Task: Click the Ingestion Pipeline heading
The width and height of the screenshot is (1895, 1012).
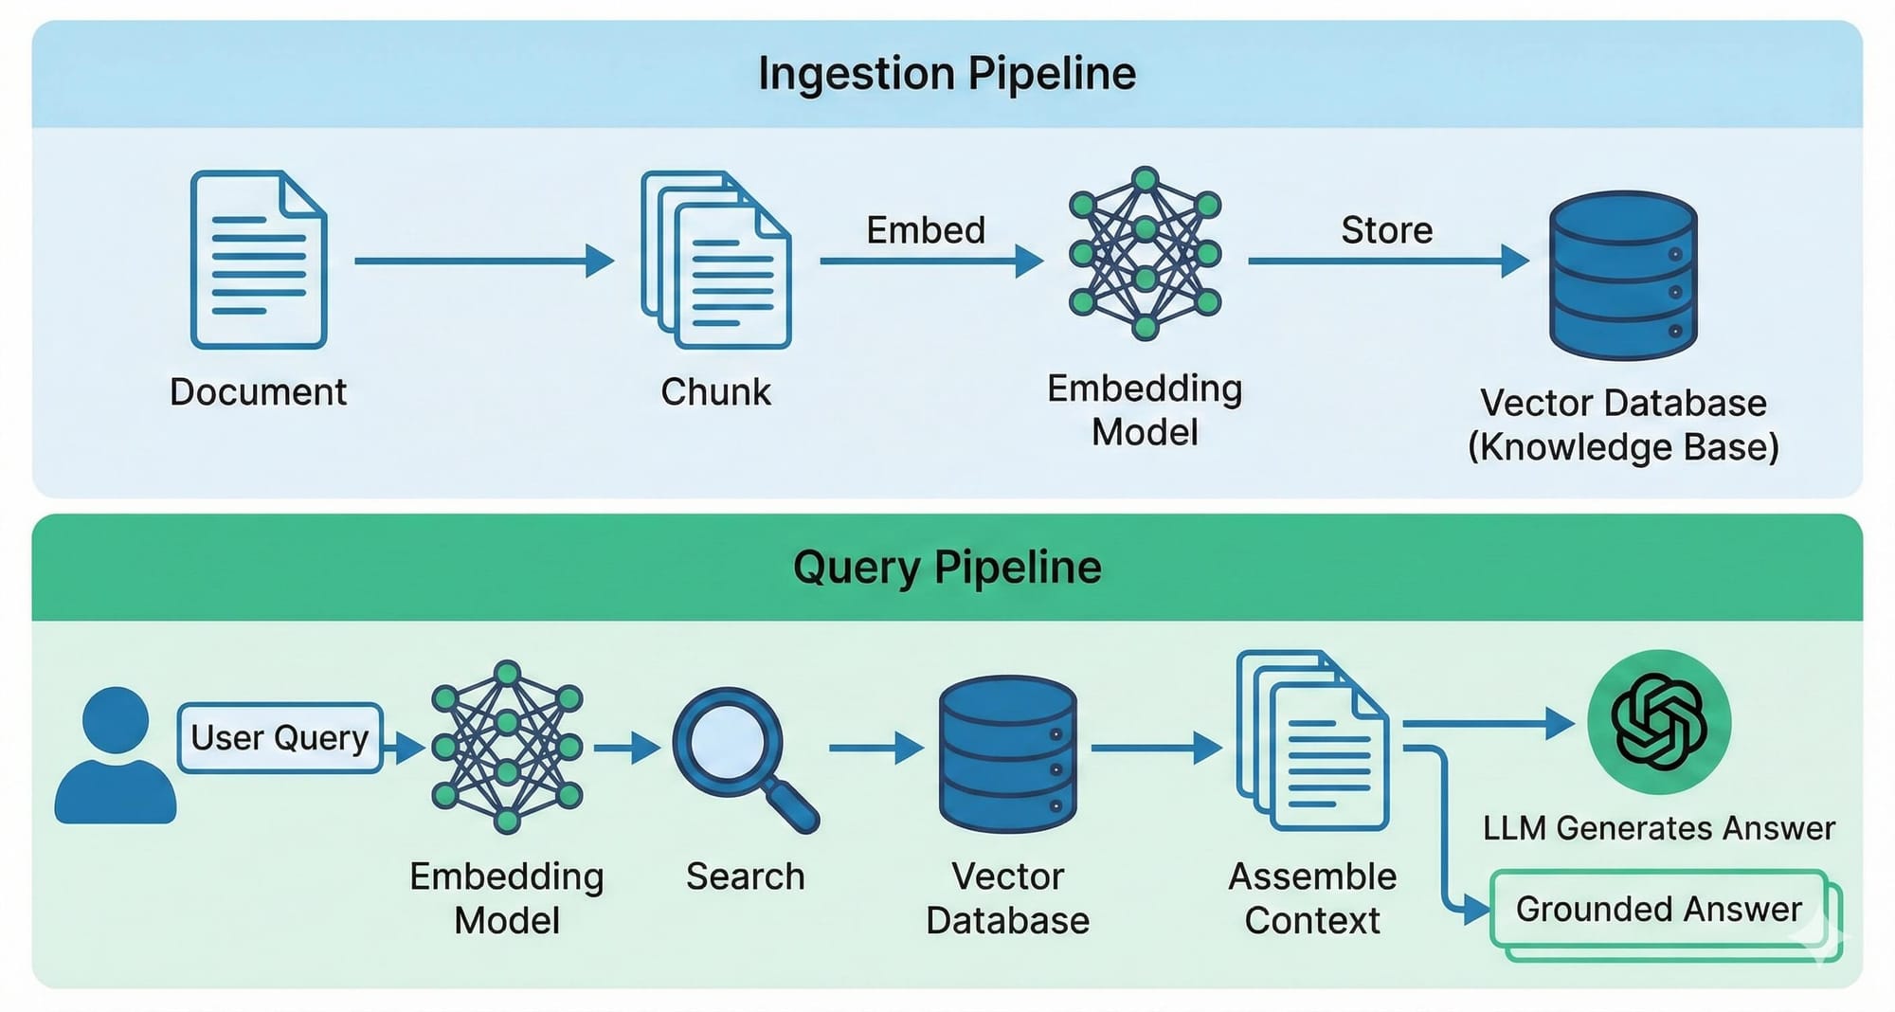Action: pyautogui.click(x=947, y=74)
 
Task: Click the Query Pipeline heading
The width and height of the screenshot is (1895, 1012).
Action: pyautogui.click(x=947, y=568)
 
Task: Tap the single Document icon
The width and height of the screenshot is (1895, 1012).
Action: pyautogui.click(x=259, y=260)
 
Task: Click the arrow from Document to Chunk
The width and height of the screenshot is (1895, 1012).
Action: pyautogui.click(x=483, y=261)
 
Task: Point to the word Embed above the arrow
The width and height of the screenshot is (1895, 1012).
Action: pyautogui.click(x=926, y=230)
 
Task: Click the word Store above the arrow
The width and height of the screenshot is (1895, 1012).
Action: pyautogui.click(x=1386, y=230)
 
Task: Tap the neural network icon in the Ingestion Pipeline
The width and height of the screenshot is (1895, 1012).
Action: pyautogui.click(x=1145, y=253)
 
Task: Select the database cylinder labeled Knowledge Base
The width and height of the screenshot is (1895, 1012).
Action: pyautogui.click(x=1623, y=276)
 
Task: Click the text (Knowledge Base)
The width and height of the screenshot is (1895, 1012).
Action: pyautogui.click(x=1623, y=447)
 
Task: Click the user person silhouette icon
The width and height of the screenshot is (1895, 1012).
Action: pyautogui.click(x=116, y=755)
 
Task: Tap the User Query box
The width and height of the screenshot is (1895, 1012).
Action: pyautogui.click(x=280, y=738)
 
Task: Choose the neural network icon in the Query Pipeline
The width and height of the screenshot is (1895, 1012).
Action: pyautogui.click(x=507, y=748)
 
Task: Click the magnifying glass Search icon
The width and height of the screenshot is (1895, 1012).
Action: pyautogui.click(x=743, y=758)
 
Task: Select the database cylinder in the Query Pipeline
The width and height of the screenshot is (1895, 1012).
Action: pyautogui.click(x=1007, y=754)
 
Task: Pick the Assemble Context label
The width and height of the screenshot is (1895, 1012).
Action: pyautogui.click(x=1312, y=898)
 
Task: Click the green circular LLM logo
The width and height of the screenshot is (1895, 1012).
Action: pyautogui.click(x=1659, y=723)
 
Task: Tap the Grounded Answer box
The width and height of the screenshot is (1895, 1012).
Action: pyautogui.click(x=1658, y=910)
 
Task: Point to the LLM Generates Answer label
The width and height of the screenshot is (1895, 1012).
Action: pyautogui.click(x=1658, y=828)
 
